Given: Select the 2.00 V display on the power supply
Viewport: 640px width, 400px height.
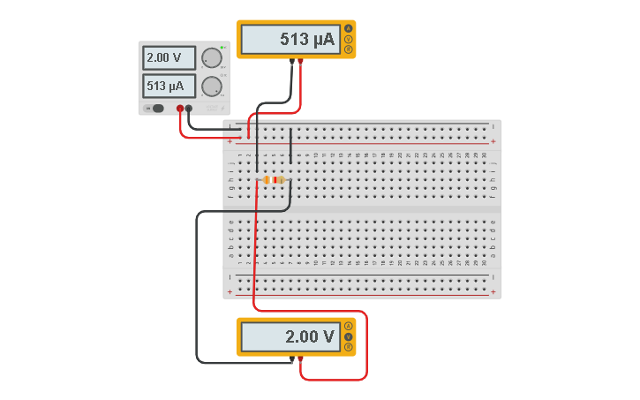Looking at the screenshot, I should [169, 58].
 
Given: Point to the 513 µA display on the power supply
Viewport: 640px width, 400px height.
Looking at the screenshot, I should [169, 86].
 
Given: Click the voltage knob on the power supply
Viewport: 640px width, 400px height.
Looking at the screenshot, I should [211, 58].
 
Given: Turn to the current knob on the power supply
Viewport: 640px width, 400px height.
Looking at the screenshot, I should [211, 86].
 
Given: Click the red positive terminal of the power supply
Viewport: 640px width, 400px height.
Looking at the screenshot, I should [180, 109].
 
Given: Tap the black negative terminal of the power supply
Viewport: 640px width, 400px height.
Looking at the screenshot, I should [189, 109].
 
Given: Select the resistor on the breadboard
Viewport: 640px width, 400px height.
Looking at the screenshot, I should [274, 179].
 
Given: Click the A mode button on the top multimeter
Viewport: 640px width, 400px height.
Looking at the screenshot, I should [349, 29].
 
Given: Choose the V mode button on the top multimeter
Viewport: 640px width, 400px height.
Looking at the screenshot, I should [349, 39].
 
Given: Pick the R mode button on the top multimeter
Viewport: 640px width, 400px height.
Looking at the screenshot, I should [349, 49].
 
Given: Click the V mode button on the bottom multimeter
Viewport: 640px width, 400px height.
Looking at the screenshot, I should [349, 336].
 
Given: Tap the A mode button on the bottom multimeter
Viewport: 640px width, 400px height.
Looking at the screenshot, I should [349, 327].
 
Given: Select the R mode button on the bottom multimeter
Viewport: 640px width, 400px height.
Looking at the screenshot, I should [349, 347].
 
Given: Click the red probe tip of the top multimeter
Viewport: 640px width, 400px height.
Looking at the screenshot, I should [301, 62].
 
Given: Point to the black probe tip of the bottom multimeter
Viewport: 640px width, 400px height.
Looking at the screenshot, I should [292, 359].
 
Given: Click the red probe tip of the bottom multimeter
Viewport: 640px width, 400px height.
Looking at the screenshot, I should [301, 359].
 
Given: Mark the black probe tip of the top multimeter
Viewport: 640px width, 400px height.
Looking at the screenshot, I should [292, 62].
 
